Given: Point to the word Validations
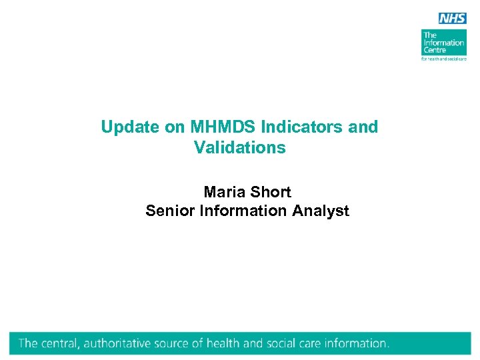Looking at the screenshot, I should pyautogui.click(x=240, y=147).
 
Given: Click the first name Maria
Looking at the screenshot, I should pyautogui.click(x=224, y=192).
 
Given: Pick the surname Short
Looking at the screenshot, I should pyautogui.click(x=270, y=192).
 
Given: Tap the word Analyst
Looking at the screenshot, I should pyautogui.click(x=321, y=211).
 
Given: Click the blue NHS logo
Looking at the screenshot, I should pyautogui.click(x=453, y=18).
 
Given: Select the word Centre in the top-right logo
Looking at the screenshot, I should pyautogui.click(x=435, y=51).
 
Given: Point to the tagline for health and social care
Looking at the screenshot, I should pyautogui.click(x=444, y=59).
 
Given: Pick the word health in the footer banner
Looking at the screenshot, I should pyautogui.click(x=223, y=344).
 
